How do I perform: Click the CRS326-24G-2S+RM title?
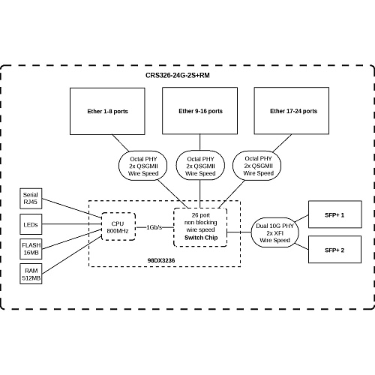point(178,75)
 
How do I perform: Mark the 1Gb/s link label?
point(154,227)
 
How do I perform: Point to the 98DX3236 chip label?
point(161,260)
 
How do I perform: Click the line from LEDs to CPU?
point(71,224)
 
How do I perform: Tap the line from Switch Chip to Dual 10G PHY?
point(239,232)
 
